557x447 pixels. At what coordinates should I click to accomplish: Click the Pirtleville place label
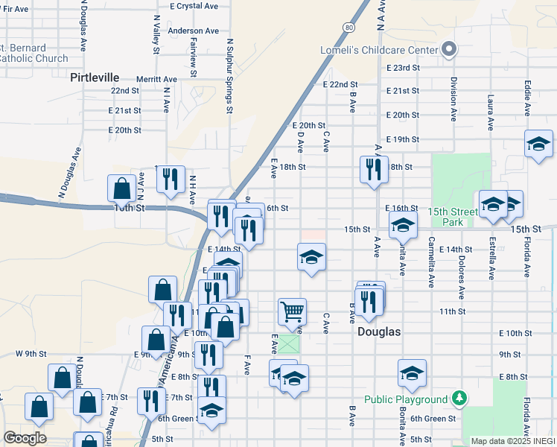coord(94,77)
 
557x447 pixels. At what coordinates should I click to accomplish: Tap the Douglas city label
coord(379,332)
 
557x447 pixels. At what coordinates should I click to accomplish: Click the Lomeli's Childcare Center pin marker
coord(449,50)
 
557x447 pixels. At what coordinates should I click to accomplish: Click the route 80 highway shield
coord(348,27)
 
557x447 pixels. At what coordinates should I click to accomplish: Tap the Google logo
coord(25,438)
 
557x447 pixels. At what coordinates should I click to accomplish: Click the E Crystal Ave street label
coord(193,6)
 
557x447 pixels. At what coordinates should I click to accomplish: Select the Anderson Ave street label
coord(193,31)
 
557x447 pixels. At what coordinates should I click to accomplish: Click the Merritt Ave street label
coord(156,79)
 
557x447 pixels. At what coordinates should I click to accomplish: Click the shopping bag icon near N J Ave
coord(121,188)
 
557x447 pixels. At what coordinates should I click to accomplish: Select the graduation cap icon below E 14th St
coord(311,257)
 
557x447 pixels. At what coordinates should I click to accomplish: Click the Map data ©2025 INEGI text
coord(512,441)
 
